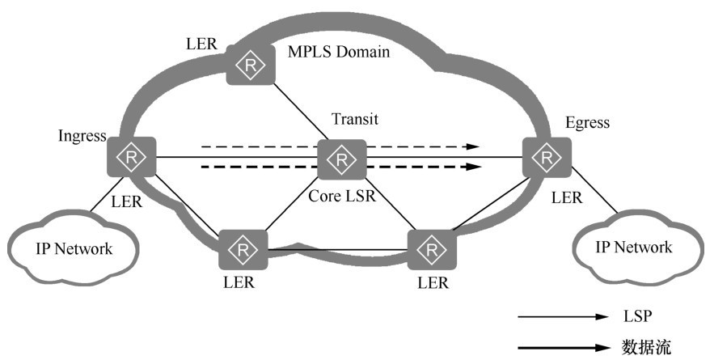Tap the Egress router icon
tap(547, 156)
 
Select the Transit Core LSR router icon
tap(341, 159)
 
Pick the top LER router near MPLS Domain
tap(250, 64)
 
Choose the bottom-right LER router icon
tap(432, 250)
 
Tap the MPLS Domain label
tap(339, 53)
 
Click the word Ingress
tap(82, 136)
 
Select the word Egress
tap(587, 123)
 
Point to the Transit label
tap(355, 121)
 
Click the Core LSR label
tap(342, 197)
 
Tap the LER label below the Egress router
tap(565, 197)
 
